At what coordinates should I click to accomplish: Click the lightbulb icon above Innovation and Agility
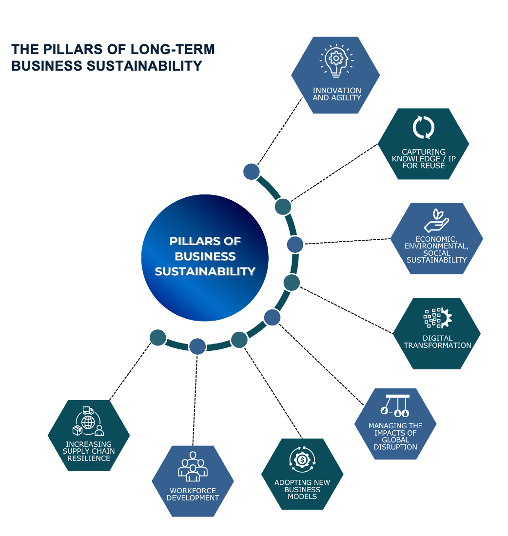[335, 61]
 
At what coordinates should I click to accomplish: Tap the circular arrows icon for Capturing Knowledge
[423, 127]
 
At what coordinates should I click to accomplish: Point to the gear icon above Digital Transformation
[438, 317]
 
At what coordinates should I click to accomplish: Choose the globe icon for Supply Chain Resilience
[88, 421]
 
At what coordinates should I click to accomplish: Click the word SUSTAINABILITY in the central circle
[205, 271]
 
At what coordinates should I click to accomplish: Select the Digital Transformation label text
[437, 342]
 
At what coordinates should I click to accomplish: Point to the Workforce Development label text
[193, 494]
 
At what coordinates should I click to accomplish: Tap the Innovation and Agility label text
[336, 94]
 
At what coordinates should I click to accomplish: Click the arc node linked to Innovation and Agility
[251, 172]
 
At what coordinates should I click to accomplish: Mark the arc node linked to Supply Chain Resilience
[158, 338]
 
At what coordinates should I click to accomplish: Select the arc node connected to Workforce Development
[197, 346]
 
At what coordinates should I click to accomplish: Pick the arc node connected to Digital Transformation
[292, 282]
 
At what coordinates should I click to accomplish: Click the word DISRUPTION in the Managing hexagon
[395, 447]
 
